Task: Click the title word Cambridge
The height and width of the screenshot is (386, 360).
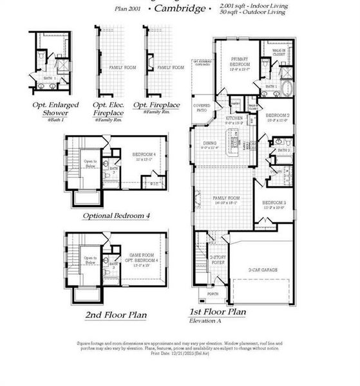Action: (181, 9)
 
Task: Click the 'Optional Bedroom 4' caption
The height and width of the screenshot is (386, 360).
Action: (117, 216)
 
